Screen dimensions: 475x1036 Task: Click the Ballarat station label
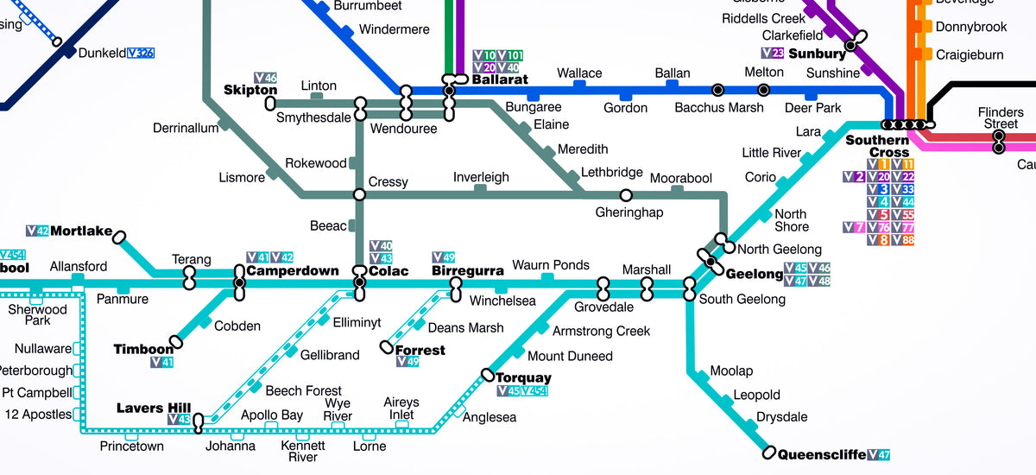click(x=500, y=79)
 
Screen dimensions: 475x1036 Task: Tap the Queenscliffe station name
click(x=822, y=454)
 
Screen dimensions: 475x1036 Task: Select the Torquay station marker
click(x=488, y=375)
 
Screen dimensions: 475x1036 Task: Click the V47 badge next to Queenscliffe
click(x=880, y=454)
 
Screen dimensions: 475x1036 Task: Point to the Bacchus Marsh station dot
click(x=717, y=90)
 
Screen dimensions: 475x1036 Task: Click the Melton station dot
click(x=763, y=90)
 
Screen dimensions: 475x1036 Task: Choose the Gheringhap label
click(x=629, y=212)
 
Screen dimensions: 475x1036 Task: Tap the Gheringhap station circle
click(x=626, y=195)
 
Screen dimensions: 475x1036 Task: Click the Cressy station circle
click(x=359, y=195)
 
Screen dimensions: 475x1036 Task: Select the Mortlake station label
click(x=81, y=231)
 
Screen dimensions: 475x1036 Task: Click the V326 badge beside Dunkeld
click(x=141, y=53)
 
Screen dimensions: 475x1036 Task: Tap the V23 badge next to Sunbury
click(x=773, y=53)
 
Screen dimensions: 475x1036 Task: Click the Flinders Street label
click(x=1001, y=118)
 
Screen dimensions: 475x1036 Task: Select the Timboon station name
click(x=143, y=349)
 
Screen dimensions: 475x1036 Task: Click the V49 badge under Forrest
click(x=407, y=362)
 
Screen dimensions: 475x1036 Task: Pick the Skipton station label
click(x=250, y=90)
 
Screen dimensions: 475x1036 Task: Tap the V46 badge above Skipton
click(x=266, y=78)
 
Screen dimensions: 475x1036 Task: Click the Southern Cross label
click(x=877, y=146)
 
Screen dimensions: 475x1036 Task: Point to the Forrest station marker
click(x=387, y=347)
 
